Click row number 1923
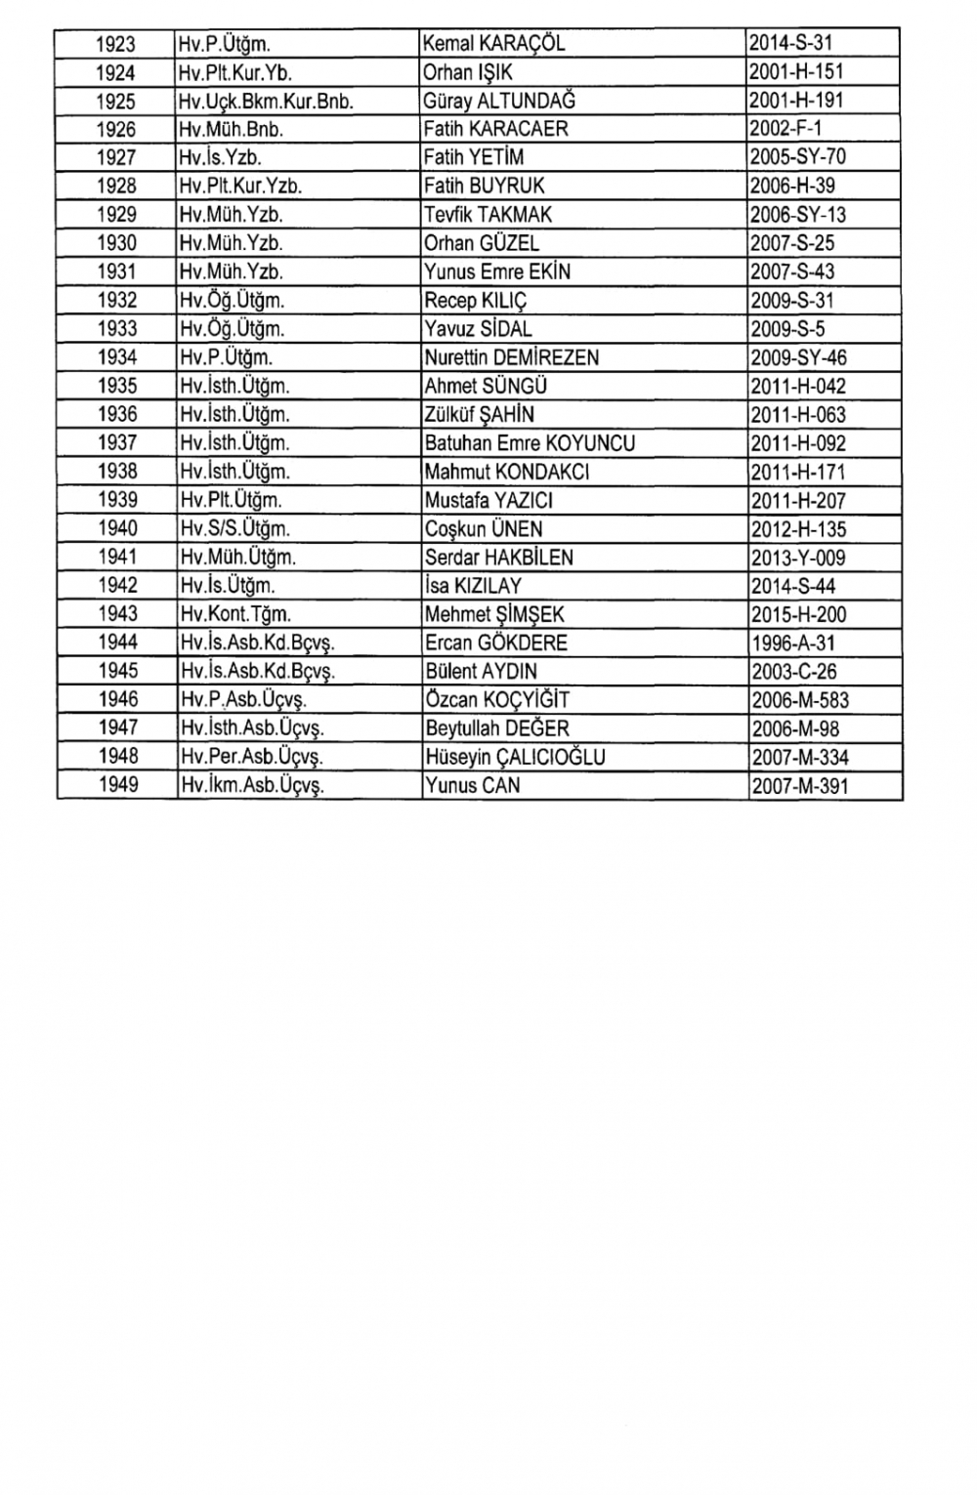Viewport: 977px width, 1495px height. click(x=116, y=44)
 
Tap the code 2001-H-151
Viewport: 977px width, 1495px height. click(x=796, y=72)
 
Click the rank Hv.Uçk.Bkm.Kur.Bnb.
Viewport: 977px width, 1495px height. click(x=266, y=101)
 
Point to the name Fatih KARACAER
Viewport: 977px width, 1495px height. click(x=495, y=129)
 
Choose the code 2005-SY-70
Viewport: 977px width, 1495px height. click(x=797, y=157)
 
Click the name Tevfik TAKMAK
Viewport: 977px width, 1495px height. click(x=488, y=215)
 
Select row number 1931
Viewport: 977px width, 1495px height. click(x=116, y=271)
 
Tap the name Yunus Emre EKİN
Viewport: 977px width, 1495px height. click(x=497, y=271)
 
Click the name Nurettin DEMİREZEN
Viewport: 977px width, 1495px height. click(x=511, y=357)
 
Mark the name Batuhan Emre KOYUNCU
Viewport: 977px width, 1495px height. click(x=530, y=443)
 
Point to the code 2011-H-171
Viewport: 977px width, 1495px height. click(x=798, y=472)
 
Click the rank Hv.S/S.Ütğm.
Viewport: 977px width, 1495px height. click(x=234, y=529)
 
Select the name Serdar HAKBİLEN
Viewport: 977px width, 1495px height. click(x=498, y=558)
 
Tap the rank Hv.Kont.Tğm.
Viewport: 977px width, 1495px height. click(x=235, y=614)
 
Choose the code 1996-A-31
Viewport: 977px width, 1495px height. click(x=792, y=643)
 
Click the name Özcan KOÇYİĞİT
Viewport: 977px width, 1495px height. click(x=496, y=700)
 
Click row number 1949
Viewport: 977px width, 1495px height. click(x=117, y=785)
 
